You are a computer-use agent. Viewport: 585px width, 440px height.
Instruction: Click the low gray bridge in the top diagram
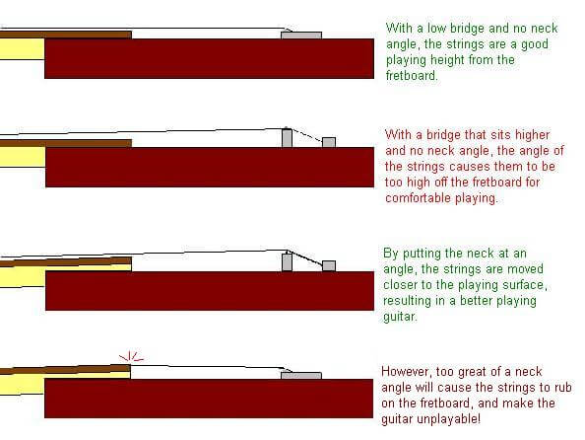[x=301, y=36]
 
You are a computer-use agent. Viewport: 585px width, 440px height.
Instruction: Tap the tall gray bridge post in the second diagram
[x=287, y=138]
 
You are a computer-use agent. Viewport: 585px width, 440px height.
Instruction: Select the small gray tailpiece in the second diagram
[x=329, y=142]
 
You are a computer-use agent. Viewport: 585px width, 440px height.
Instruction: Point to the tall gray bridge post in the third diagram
[x=287, y=262]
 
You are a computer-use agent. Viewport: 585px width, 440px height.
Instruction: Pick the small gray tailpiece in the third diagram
[x=329, y=265]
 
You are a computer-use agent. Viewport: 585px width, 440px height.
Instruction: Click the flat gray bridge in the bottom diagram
[x=301, y=376]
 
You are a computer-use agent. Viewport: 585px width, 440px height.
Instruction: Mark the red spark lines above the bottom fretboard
[x=131, y=356]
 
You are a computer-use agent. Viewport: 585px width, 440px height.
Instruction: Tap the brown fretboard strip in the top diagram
[x=66, y=35]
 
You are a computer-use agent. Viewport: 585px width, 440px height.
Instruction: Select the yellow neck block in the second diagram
[x=23, y=157]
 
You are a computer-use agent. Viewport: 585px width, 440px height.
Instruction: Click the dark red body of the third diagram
[x=210, y=291]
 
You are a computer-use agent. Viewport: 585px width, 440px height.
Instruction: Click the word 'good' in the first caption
[x=534, y=44]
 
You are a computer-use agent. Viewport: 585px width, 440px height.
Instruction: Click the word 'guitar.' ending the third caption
[x=400, y=317]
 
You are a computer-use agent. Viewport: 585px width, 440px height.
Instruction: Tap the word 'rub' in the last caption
[x=562, y=388]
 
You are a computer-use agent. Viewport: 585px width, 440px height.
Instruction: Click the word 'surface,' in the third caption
[x=525, y=285]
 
